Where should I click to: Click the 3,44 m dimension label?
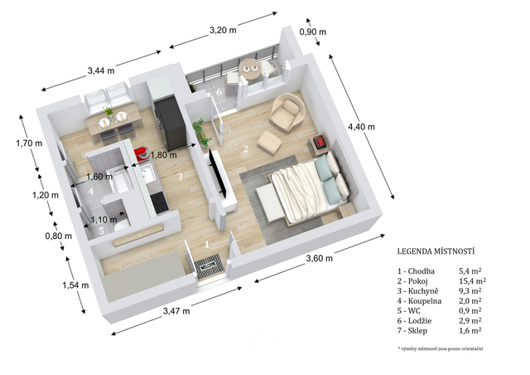click(101, 71)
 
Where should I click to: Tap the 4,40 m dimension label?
click(361, 127)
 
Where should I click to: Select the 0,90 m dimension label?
click(313, 32)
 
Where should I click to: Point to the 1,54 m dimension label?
click(75, 285)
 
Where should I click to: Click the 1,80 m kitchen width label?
click(164, 155)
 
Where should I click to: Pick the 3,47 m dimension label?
click(176, 310)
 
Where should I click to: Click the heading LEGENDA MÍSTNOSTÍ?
click(436, 251)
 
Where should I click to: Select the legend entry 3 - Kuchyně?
click(417, 291)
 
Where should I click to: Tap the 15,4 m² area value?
click(473, 280)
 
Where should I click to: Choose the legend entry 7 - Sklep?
click(412, 331)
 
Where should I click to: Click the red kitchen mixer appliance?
click(142, 153)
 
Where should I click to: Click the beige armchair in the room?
click(287, 112)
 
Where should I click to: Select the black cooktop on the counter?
click(158, 202)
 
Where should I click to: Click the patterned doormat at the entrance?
click(208, 266)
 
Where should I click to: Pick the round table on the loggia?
click(250, 69)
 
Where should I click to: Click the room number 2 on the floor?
click(246, 149)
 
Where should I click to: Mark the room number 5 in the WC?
click(101, 231)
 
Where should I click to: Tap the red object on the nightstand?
click(319, 141)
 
